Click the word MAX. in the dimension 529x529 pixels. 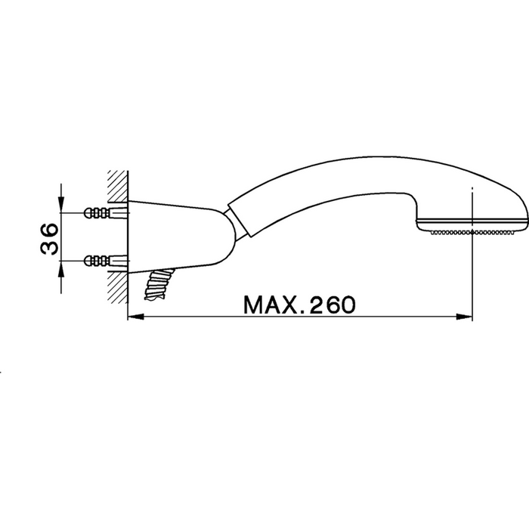click(x=271, y=305)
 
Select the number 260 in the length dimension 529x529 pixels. click(x=331, y=305)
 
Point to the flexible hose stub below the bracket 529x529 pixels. click(x=159, y=283)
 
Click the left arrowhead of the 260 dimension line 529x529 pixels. click(x=135, y=317)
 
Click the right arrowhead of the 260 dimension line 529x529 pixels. click(x=464, y=317)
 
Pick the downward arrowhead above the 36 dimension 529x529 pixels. click(x=61, y=205)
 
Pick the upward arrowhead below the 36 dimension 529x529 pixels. click(x=61, y=269)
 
